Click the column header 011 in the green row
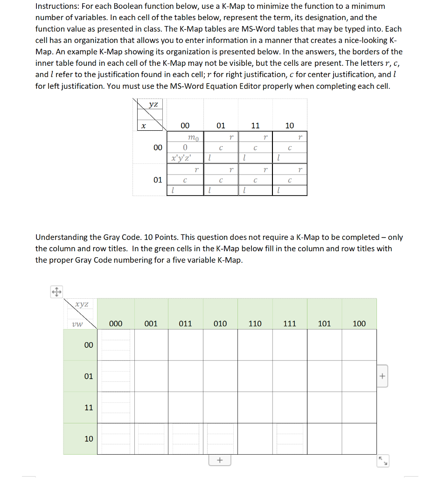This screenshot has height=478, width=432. coord(185,323)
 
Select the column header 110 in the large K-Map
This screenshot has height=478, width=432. coord(255,323)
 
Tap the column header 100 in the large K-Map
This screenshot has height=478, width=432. coord(359,323)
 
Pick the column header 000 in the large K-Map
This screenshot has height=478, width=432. coord(116,323)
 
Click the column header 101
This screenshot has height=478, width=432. coord(324,323)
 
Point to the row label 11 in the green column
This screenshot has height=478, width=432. coord(89,408)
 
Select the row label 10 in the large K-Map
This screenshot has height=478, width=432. coord(89,439)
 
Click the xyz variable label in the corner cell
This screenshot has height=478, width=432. coord(83,304)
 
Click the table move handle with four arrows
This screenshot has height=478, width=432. coord(56,292)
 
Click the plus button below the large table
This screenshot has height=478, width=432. coord(220,461)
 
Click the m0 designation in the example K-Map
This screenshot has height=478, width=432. coord(193,138)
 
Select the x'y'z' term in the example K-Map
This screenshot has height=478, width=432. coord(181,157)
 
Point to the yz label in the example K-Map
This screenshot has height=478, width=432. coord(153,105)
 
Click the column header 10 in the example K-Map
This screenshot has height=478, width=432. coord(290,125)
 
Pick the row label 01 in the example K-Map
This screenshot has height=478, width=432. coord(158,179)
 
